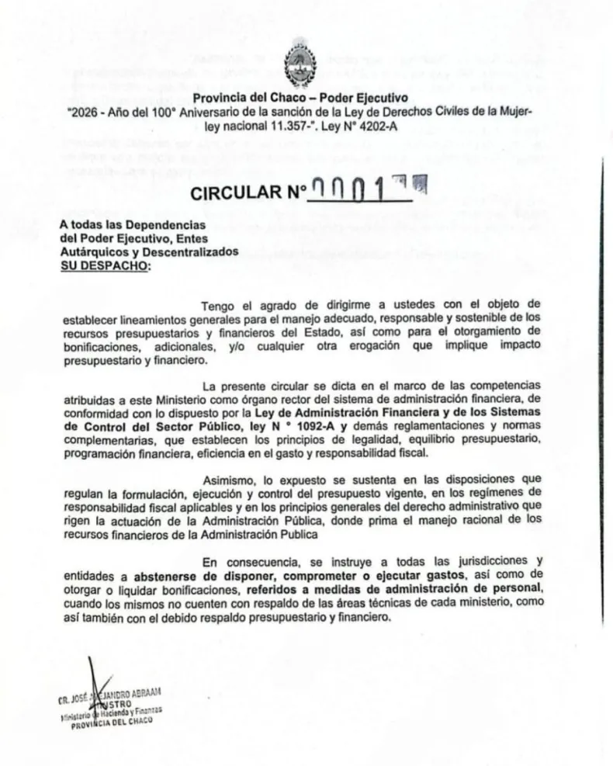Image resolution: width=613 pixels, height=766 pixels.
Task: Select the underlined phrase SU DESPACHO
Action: pos(106,266)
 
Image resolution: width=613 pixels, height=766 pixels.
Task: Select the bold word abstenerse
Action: pos(170,577)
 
